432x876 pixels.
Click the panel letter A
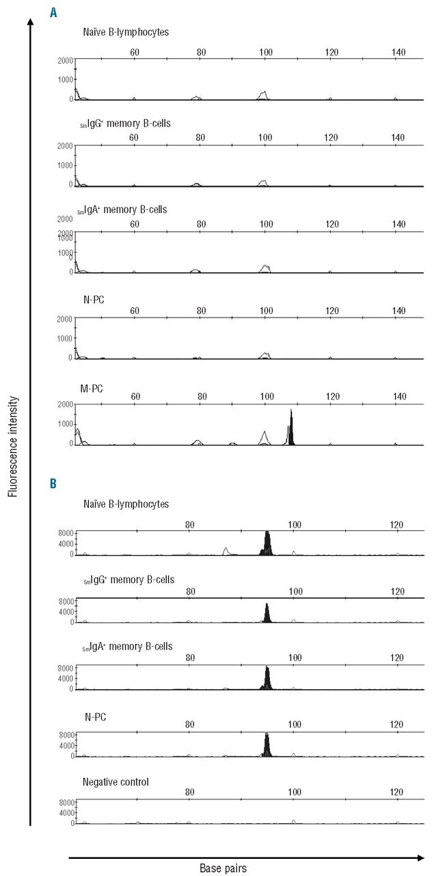click(53, 12)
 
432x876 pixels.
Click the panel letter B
click(53, 483)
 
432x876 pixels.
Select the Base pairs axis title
click(223, 868)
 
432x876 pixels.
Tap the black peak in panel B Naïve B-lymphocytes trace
click(267, 543)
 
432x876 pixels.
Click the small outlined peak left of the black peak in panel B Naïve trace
click(226, 551)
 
